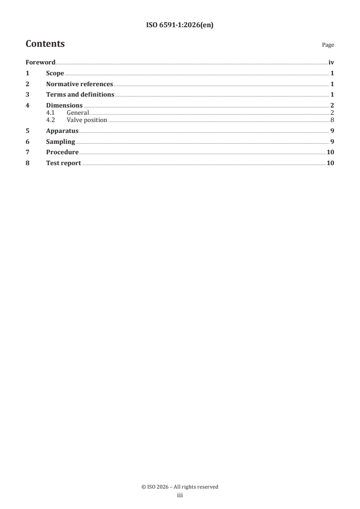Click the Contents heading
pyautogui.click(x=45, y=44)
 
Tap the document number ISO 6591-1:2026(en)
pyautogui.click(x=180, y=25)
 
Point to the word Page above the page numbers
pyautogui.click(x=328, y=45)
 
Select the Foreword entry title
pyautogui.click(x=40, y=63)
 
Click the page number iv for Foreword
pyautogui.click(x=331, y=63)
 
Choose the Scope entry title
pyautogui.click(x=55, y=73)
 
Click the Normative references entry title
pyautogui.click(x=79, y=84)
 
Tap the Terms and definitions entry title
pyautogui.click(x=80, y=95)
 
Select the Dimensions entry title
pyautogui.click(x=64, y=106)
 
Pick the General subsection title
pyautogui.click(x=78, y=113)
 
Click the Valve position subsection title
pyautogui.click(x=87, y=120)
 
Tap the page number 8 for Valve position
pyautogui.click(x=332, y=120)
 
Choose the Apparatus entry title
pyautogui.click(x=62, y=131)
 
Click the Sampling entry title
pyautogui.click(x=60, y=142)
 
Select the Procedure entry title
pyautogui.click(x=62, y=152)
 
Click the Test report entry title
pyautogui.click(x=63, y=163)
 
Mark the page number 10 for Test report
pyautogui.click(x=330, y=163)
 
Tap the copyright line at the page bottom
pyautogui.click(x=180, y=487)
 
